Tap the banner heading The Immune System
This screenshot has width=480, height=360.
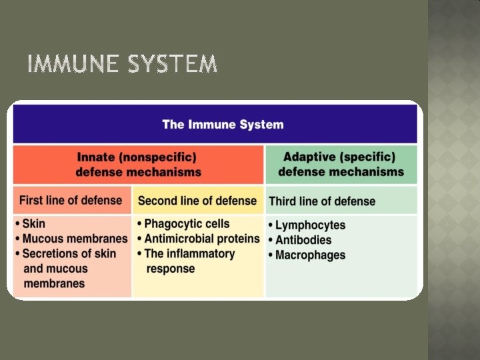click(223, 125)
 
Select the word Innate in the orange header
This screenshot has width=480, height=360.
click(96, 157)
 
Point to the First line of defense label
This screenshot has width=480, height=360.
click(71, 200)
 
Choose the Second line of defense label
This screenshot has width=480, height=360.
click(197, 201)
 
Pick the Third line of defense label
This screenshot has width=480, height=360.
click(321, 201)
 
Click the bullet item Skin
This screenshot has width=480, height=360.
click(33, 224)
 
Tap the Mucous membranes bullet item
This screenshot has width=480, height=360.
click(75, 239)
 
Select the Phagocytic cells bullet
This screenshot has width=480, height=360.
click(187, 224)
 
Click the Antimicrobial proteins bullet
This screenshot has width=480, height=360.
click(201, 239)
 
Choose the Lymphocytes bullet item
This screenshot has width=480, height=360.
click(310, 225)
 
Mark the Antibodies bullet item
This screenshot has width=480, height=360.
click(303, 240)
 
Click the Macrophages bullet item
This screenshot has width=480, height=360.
click(310, 255)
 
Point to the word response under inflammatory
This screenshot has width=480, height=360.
click(170, 269)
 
